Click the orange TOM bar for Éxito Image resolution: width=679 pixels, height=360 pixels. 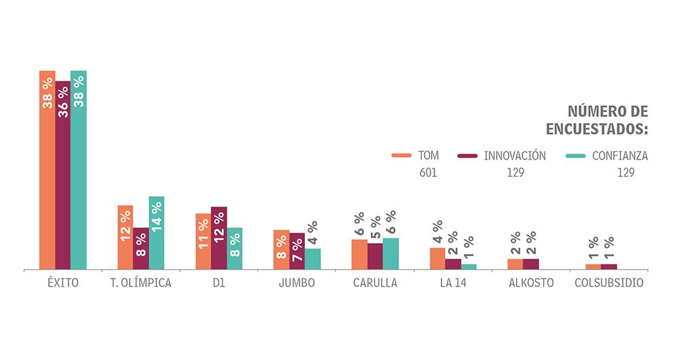(47, 170)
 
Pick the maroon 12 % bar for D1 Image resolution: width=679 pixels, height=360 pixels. (219, 238)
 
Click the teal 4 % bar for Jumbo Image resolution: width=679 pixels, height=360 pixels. (312, 259)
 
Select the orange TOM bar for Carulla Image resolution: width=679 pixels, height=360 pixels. (359, 255)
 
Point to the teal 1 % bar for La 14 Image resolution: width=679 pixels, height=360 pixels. (469, 266)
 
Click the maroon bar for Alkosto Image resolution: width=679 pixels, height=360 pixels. (531, 264)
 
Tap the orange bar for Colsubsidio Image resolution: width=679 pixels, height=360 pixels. (593, 266)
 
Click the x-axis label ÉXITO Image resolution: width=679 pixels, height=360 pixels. (62, 283)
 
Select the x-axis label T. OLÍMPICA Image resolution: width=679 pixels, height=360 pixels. (141, 283)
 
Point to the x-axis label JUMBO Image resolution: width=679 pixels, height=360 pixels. (297, 283)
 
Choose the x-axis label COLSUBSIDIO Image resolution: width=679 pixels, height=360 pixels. (609, 283)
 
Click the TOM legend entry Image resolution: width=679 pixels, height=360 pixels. (416, 156)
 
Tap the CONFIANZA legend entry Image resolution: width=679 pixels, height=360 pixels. (607, 156)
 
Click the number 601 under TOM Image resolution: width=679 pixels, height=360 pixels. (428, 173)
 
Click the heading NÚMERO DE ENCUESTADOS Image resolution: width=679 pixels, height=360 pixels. (598, 120)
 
